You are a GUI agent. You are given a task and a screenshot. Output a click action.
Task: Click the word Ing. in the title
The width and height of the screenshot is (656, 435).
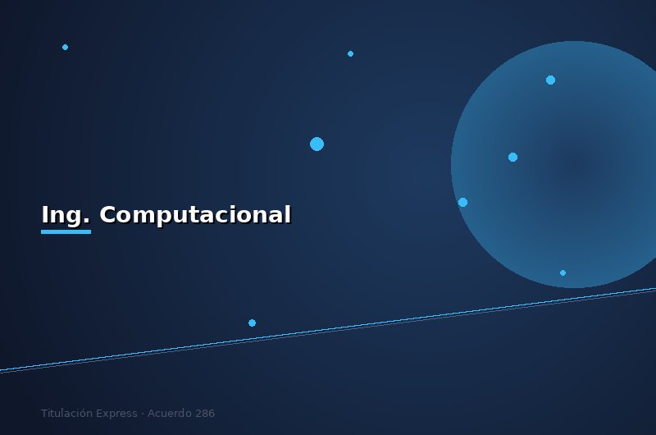[x=66, y=215]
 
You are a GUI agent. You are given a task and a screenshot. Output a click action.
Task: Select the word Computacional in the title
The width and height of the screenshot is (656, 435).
[x=195, y=215]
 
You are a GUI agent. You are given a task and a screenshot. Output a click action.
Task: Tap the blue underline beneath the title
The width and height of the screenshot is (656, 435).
[x=66, y=231]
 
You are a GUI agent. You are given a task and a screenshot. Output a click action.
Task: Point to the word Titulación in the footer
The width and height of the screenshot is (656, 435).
[x=66, y=414]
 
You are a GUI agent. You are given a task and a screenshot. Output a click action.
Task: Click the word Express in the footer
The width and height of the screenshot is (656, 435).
[x=116, y=414]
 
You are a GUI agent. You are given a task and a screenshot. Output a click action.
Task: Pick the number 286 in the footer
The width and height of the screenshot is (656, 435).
[x=205, y=414]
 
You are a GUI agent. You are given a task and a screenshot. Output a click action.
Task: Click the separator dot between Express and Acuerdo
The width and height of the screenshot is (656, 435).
[x=143, y=414]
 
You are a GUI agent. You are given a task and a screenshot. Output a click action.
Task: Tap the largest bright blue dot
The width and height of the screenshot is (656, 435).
[x=317, y=144]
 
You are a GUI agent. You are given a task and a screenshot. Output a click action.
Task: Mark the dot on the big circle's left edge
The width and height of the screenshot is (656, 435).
[x=462, y=202]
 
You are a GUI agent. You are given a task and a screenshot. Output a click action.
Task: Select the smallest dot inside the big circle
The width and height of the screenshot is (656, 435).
[x=563, y=272]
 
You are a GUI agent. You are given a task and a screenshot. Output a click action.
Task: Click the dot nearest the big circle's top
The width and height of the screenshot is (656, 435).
[x=550, y=80]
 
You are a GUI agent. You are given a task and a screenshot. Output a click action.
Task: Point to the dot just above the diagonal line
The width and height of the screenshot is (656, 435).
[x=252, y=323]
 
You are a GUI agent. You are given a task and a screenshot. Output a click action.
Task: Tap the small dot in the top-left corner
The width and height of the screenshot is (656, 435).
[x=65, y=47]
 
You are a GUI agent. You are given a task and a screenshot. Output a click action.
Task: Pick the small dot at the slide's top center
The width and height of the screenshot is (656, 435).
[x=350, y=53]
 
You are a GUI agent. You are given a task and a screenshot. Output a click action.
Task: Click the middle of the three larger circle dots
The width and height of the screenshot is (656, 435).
[x=512, y=157]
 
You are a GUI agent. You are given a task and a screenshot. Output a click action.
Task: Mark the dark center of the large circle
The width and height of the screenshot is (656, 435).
[x=574, y=165]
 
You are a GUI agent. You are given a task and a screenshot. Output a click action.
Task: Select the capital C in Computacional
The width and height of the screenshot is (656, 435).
[x=107, y=215]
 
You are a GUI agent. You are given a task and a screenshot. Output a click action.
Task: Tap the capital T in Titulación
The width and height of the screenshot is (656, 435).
[x=44, y=414]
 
